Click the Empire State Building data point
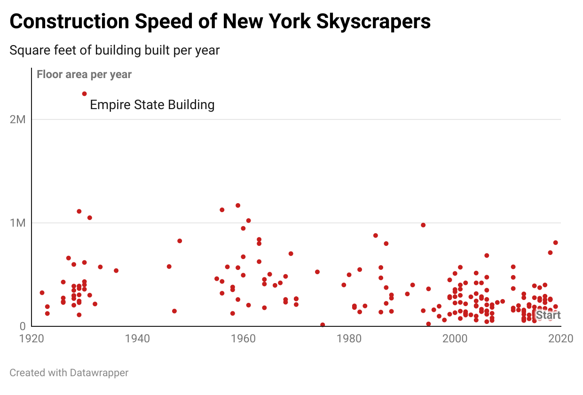[x=85, y=94]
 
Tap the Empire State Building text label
[x=152, y=104]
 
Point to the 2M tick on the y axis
[x=17, y=119]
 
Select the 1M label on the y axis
[x=17, y=223]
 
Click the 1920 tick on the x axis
[x=32, y=338]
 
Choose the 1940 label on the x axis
[x=137, y=338]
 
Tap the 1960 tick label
[x=243, y=338]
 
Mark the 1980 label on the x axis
[x=349, y=338]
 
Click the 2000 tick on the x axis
[x=455, y=338]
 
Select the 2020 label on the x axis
[x=560, y=338]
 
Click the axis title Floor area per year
[x=84, y=74]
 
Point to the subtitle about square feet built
[x=114, y=50]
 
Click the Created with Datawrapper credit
[x=69, y=373]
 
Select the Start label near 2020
[x=548, y=315]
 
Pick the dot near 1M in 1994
[x=423, y=225]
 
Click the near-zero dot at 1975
[x=323, y=325]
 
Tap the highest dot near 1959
[x=238, y=205]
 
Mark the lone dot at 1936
[x=116, y=270]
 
